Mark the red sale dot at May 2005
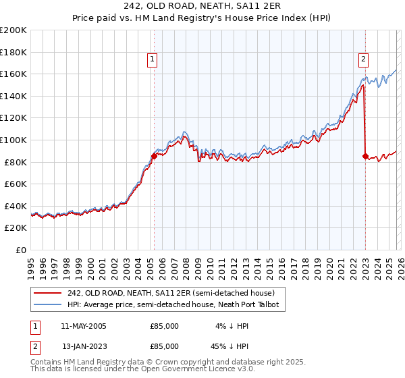154,156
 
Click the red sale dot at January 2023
365,156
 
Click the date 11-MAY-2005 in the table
83,326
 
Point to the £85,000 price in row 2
165,346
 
